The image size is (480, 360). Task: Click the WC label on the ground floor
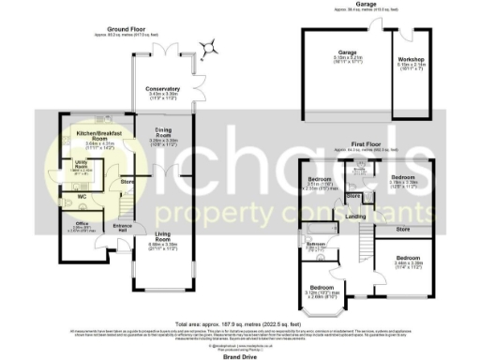[x=82, y=196]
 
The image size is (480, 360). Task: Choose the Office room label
[x=82, y=222]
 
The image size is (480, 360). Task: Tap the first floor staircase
[x=358, y=246]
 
